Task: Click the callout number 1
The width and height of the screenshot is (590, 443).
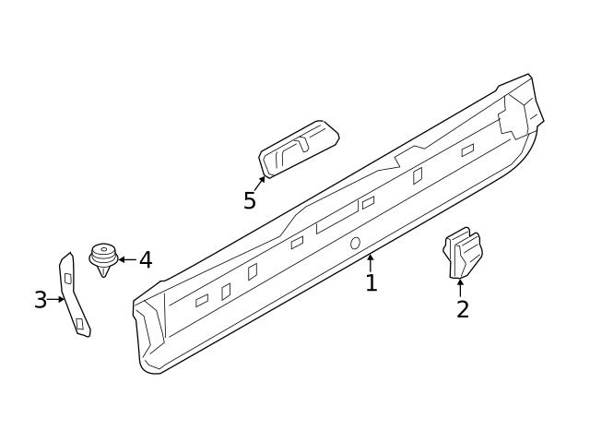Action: click(371, 283)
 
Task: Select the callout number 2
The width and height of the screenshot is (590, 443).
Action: click(462, 309)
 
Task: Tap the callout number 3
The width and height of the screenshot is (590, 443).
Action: click(41, 300)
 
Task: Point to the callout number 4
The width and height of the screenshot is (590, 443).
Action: click(145, 260)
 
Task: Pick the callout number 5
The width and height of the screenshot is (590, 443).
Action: click(250, 201)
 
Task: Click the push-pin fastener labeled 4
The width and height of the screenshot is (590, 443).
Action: click(103, 258)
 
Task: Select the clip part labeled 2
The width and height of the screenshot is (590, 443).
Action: click(463, 253)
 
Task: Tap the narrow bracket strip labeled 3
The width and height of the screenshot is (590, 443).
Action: click(74, 295)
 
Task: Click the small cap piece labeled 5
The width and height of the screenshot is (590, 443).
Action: click(298, 148)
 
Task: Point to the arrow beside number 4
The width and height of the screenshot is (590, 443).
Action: click(126, 259)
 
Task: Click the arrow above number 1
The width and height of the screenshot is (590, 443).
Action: click(371, 261)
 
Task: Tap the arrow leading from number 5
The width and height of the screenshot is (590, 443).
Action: click(259, 184)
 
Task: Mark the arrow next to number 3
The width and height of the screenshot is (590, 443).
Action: click(57, 299)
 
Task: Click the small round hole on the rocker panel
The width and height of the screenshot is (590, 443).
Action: click(355, 243)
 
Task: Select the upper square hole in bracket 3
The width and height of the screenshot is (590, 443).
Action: click(67, 278)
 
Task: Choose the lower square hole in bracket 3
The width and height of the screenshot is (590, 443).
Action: click(80, 323)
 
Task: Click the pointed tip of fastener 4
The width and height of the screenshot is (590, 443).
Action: click(103, 274)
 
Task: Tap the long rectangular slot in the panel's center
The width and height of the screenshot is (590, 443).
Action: click(336, 219)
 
